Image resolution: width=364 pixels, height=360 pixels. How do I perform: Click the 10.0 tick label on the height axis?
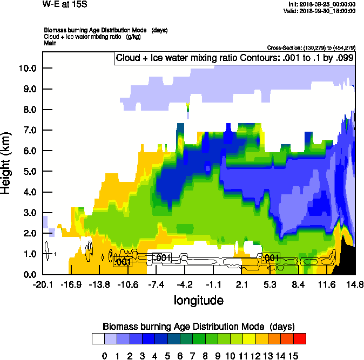[x=27, y=68]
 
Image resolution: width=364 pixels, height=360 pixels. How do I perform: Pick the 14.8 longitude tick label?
[x=355, y=284]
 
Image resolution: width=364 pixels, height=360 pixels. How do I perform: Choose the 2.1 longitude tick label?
[x=241, y=284]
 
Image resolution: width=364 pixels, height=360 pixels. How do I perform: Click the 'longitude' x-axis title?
[x=198, y=300]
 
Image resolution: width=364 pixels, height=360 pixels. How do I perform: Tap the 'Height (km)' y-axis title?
[x=7, y=162]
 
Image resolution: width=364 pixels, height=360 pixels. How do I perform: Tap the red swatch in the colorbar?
[x=299, y=338]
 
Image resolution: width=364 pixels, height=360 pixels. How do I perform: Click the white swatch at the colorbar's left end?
[x=98, y=338]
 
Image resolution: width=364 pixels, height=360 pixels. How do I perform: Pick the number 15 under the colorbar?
[x=293, y=356]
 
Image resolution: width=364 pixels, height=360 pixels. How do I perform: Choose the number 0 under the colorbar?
[x=104, y=356]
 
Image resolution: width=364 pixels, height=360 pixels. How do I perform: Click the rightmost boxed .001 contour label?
[x=269, y=259]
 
